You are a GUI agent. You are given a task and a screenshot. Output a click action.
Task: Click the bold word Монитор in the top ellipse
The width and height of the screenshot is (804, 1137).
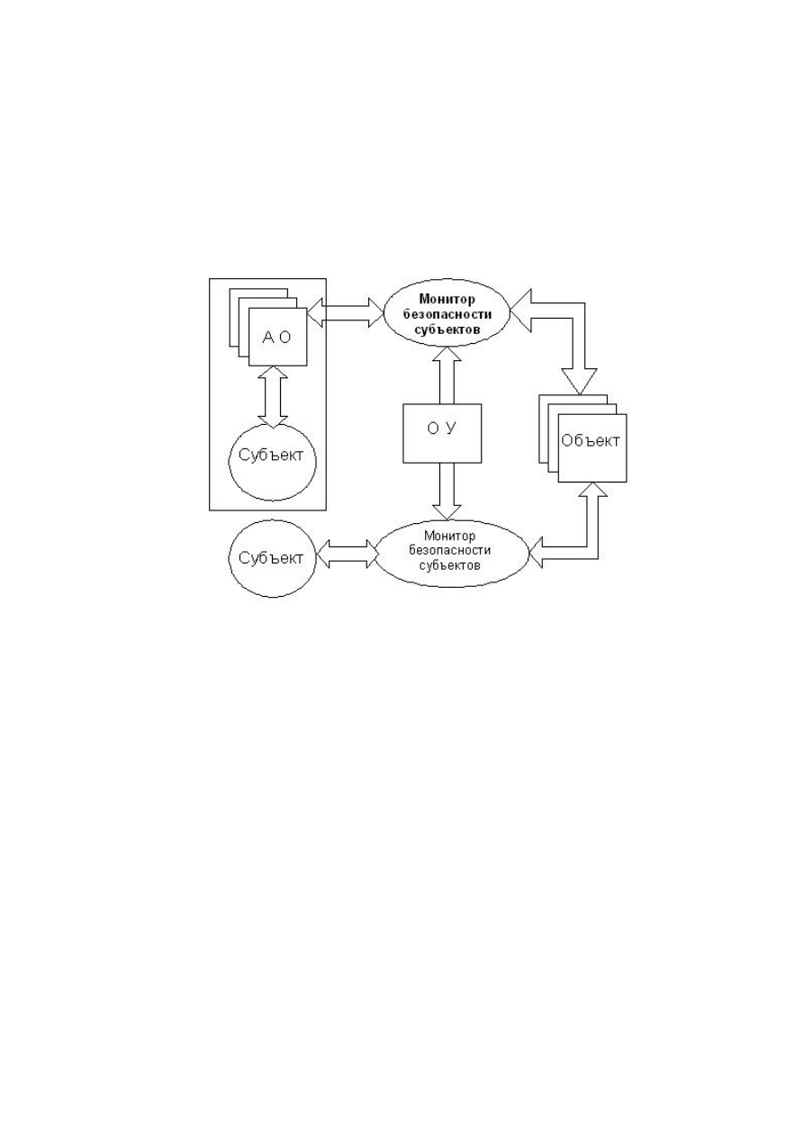coord(447,299)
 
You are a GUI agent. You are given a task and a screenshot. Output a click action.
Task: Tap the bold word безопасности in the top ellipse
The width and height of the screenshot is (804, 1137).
coord(447,314)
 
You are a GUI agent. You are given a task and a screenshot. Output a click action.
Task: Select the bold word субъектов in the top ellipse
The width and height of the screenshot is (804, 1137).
coord(447,329)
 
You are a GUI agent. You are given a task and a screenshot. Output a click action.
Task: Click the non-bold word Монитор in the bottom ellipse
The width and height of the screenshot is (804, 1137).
coord(449,536)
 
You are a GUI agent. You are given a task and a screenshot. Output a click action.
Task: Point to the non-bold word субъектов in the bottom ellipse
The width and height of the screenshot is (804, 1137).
coord(449,565)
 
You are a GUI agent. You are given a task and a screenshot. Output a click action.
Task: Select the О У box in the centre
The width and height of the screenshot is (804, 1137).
coord(442,433)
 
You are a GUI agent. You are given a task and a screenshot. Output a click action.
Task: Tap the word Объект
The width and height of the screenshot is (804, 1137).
coord(591,440)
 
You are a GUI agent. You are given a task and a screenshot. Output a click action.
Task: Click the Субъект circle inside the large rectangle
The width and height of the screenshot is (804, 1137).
coord(273,462)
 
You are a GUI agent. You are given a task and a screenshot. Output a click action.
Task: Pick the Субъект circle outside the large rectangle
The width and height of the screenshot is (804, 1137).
coord(273,558)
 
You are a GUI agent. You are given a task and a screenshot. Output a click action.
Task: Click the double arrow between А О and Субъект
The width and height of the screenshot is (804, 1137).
coord(273,396)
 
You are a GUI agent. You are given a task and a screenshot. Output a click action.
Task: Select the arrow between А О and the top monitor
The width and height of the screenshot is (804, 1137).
coord(346,312)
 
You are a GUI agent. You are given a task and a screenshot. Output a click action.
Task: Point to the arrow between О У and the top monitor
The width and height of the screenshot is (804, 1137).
coord(447,375)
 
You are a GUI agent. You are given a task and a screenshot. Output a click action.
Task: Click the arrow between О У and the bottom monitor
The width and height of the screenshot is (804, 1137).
coord(447,492)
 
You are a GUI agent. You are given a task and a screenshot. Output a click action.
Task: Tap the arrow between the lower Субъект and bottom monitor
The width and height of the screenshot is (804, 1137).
coord(348,554)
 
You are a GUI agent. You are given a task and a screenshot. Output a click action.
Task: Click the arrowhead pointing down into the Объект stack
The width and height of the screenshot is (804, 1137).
coord(579,383)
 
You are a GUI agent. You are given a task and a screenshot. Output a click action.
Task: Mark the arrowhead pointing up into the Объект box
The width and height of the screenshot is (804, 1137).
coord(592,490)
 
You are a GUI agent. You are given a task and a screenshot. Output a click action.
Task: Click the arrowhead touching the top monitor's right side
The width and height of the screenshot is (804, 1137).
coord(521,311)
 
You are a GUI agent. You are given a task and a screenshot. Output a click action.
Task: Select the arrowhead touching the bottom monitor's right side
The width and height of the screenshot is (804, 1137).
coord(536,554)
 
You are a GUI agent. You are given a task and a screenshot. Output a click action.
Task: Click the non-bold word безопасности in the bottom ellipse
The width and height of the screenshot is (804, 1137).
coord(449,550)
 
